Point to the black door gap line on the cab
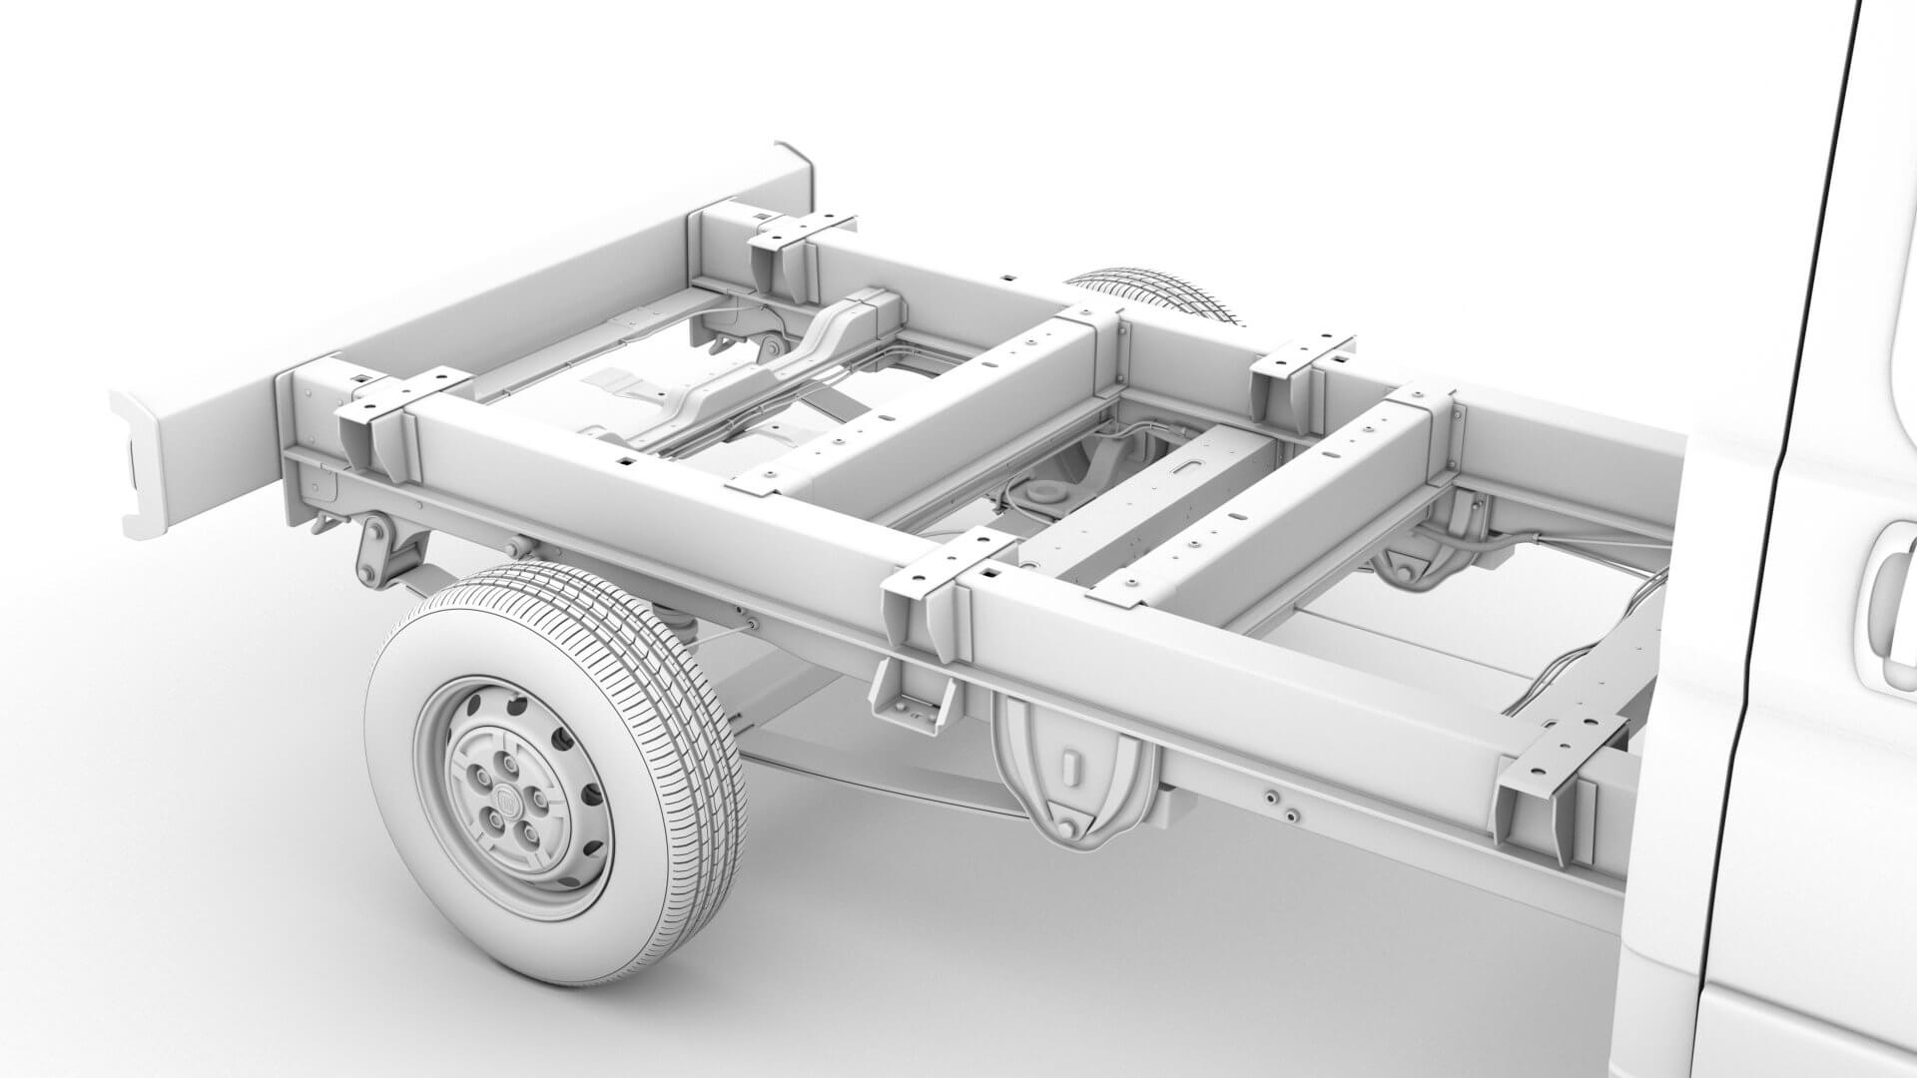pyautogui.click(x=1787, y=499)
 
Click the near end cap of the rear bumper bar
pyautogui.click(x=140, y=464)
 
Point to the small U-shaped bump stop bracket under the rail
pyautogui.click(x=909, y=699)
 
